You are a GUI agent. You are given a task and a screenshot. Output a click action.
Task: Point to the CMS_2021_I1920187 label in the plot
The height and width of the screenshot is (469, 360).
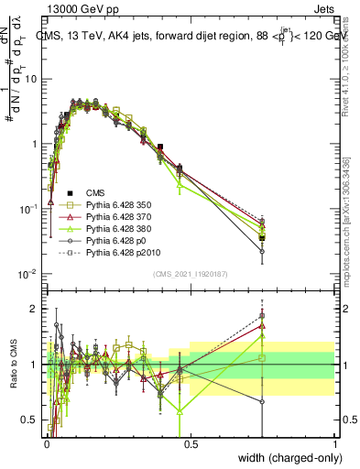pyautogui.click(x=191, y=273)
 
